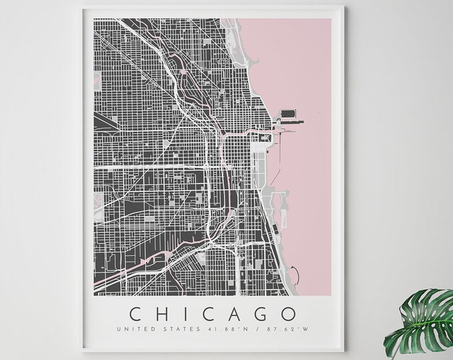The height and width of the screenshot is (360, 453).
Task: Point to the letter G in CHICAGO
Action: [x=262, y=313]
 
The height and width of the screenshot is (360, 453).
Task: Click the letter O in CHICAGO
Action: [x=289, y=313]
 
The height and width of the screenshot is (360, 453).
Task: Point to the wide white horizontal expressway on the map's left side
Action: [x=147, y=166]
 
